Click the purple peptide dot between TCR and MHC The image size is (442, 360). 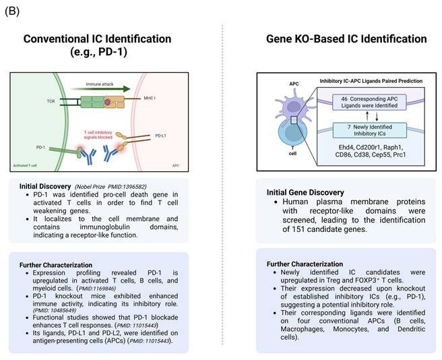106,102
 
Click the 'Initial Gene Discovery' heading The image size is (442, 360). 305,192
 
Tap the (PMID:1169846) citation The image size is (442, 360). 109,287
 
